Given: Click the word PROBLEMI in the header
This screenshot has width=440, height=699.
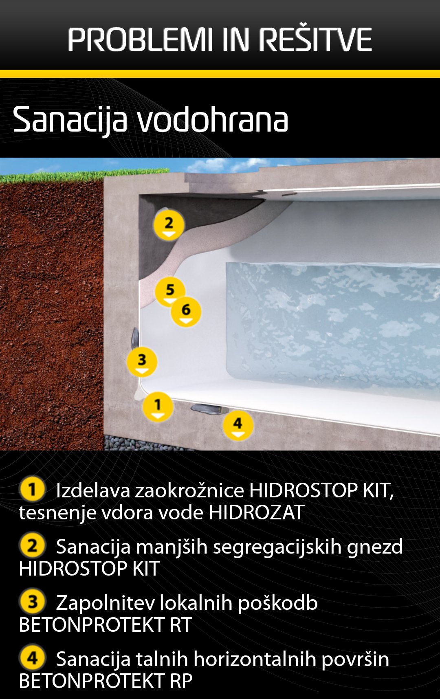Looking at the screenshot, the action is click(140, 40).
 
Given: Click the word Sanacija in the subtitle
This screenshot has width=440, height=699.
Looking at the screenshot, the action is click(70, 121).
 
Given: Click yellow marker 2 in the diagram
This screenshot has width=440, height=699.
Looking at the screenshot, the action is click(169, 225).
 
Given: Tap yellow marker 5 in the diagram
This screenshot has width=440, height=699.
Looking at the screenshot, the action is click(170, 291).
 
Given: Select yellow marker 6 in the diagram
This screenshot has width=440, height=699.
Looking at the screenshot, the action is click(186, 312).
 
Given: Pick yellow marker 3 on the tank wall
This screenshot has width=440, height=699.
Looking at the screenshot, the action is click(142, 362).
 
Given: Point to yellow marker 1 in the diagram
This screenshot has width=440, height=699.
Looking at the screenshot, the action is click(158, 407).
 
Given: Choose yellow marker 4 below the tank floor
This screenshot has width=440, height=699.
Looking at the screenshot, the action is click(238, 425).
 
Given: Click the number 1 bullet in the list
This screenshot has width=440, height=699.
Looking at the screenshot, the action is click(32, 489).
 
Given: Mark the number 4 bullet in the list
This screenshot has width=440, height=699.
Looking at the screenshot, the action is click(32, 658).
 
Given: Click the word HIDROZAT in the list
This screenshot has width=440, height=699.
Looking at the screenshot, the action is click(257, 512).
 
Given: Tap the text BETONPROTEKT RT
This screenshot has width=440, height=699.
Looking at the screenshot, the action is click(106, 625).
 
